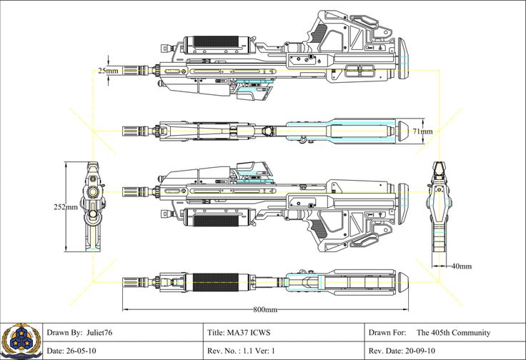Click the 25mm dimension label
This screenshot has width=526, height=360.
click(x=109, y=71)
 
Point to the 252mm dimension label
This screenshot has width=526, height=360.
click(x=66, y=207)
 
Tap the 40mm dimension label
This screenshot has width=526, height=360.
click(x=461, y=266)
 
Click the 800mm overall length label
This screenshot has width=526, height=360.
click(x=265, y=309)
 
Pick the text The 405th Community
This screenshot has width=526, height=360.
click(x=453, y=333)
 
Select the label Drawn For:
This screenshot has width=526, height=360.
click(x=387, y=333)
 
